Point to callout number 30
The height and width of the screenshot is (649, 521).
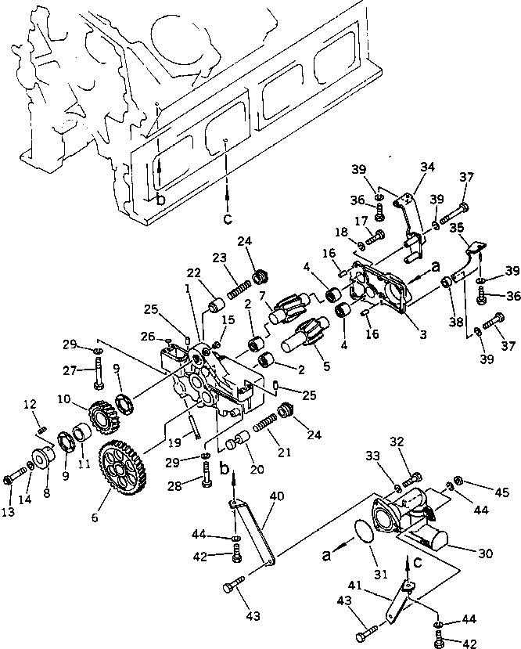tap(486, 552)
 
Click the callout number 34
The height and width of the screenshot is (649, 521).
tap(428, 166)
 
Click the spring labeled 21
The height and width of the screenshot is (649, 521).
tap(268, 429)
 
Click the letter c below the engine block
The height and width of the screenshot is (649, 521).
tap(227, 218)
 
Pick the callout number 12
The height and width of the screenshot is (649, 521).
tap(31, 404)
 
